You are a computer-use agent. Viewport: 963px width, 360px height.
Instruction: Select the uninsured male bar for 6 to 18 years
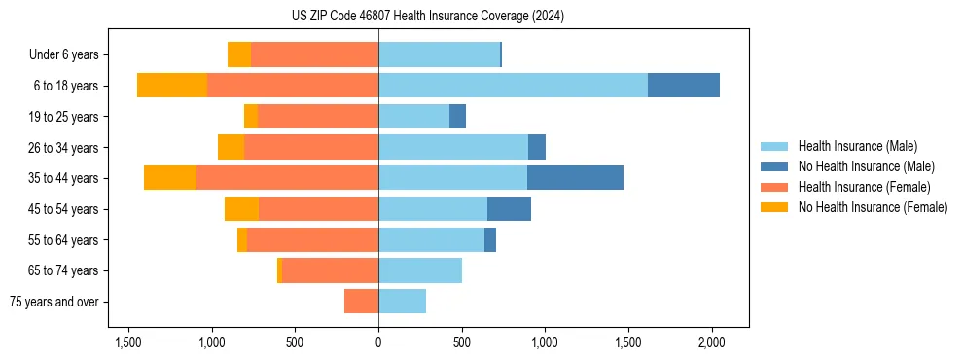coord(684,86)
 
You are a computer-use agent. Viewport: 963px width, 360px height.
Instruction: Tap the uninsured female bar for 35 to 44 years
coord(170,178)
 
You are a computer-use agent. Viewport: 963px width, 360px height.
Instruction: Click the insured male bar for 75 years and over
coord(402,302)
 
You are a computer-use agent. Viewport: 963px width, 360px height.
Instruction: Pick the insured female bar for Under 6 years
coord(314,54)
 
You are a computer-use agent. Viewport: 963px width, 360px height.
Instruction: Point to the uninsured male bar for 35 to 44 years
coord(575,178)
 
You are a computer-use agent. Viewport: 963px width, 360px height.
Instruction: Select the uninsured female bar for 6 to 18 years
coord(172,86)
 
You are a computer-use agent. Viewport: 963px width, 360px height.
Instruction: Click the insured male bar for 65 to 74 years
coord(420,270)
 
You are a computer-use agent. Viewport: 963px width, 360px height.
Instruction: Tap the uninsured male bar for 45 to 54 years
coord(509,209)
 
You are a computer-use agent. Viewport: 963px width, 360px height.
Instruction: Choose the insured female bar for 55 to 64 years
coord(312,239)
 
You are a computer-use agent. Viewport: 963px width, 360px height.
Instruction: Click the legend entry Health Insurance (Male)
coord(857,146)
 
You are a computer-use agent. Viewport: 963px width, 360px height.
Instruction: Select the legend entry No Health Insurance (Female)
coord(873,207)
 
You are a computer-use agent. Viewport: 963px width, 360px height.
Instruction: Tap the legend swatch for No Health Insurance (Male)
coord(776,166)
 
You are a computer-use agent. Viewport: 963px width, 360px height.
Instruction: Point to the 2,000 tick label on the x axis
coord(711,342)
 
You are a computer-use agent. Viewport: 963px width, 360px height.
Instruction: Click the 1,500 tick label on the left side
coord(128,342)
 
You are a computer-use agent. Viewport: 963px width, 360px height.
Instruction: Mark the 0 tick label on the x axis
coord(378,342)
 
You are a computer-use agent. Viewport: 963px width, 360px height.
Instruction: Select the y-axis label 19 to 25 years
coord(64,117)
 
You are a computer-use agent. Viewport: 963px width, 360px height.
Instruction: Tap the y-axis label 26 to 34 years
coord(64,148)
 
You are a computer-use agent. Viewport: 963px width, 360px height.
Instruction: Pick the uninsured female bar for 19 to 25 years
coord(251,117)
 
